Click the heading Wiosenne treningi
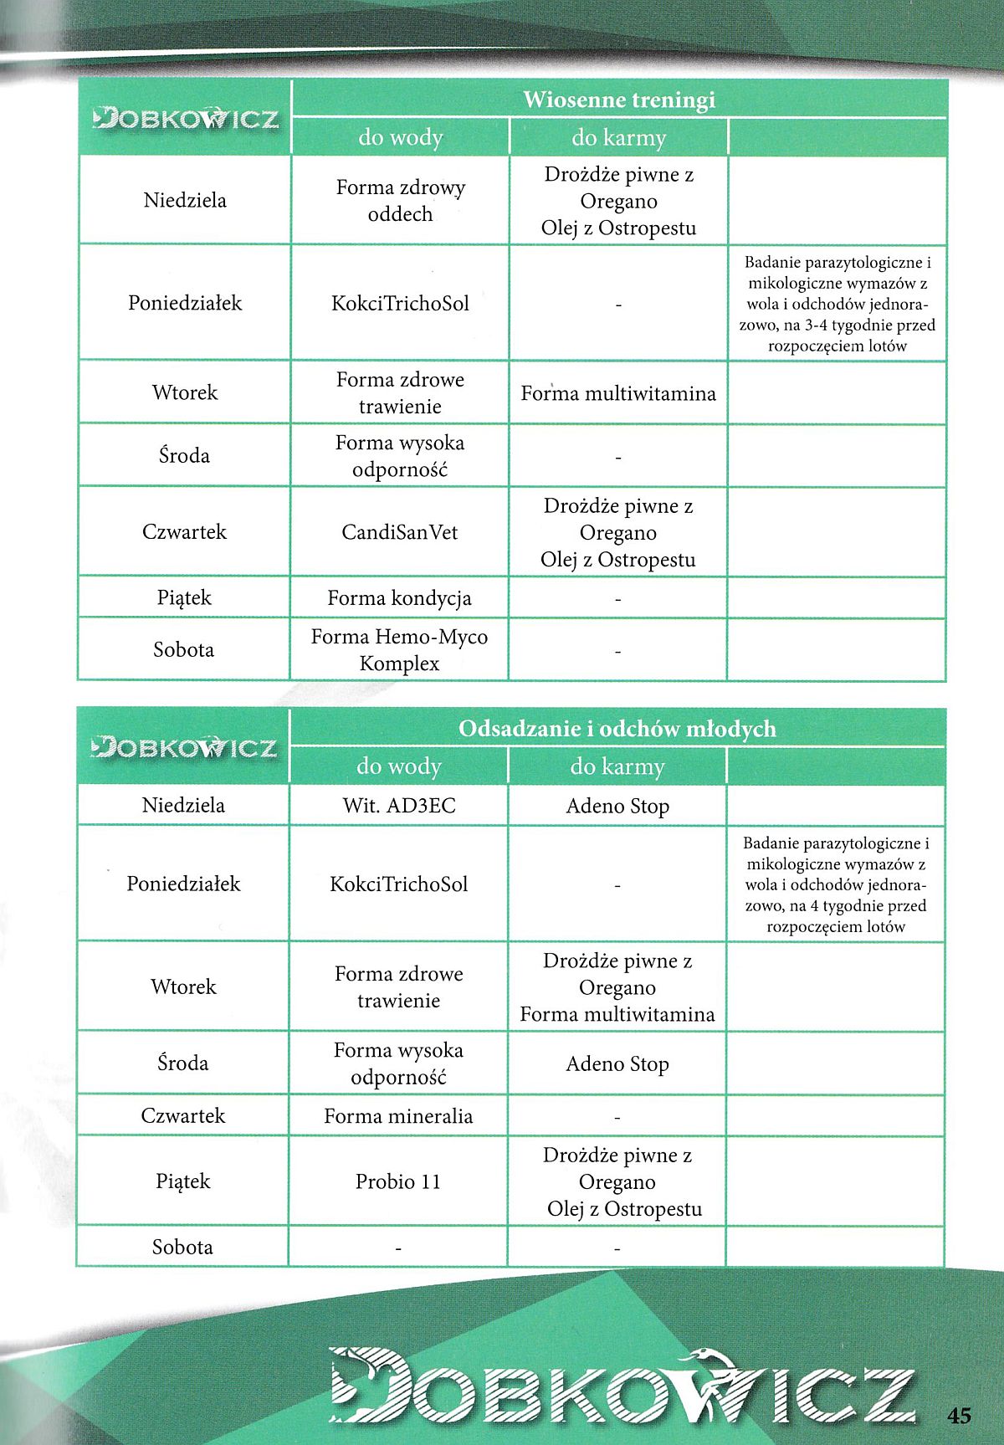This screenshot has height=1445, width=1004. pyautogui.click(x=618, y=100)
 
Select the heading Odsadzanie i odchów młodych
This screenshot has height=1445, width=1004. pyautogui.click(x=617, y=729)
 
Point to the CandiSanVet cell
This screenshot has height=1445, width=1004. pyautogui.click(x=400, y=532)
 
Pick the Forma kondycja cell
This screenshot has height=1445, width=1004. pyautogui.click(x=400, y=598)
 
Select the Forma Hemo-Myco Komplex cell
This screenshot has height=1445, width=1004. pyautogui.click(x=400, y=649)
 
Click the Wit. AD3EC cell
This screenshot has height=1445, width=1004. pyautogui.click(x=399, y=806)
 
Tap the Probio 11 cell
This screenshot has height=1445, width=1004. pyautogui.click(x=398, y=1181)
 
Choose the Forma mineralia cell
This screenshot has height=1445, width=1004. pyautogui.click(x=398, y=1115)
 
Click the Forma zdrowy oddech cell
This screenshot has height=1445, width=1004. pyautogui.click(x=400, y=201)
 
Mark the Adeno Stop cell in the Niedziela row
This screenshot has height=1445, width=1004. pyautogui.click(x=617, y=806)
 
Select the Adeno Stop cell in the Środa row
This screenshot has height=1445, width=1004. pyautogui.click(x=617, y=1063)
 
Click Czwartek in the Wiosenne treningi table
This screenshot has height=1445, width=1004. pyautogui.click(x=184, y=532)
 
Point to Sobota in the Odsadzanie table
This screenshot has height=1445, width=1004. pyautogui.click(x=182, y=1247)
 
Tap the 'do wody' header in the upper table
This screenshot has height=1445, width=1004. pyautogui.click(x=400, y=137)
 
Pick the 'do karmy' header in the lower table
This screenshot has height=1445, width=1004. pyautogui.click(x=617, y=766)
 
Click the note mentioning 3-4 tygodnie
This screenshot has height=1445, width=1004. pyautogui.click(x=837, y=304)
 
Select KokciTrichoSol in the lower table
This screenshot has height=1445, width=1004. pyautogui.click(x=399, y=884)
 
